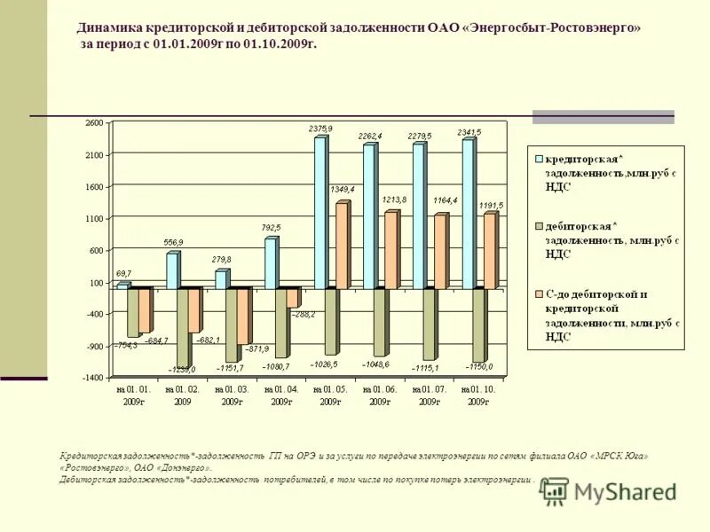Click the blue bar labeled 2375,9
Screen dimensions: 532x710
320,213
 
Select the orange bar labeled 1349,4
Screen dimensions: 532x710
342,245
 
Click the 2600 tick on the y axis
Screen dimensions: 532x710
95,123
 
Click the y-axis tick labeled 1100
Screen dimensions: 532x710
95,219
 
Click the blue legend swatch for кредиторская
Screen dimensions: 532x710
538,159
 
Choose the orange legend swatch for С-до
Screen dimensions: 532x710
538,293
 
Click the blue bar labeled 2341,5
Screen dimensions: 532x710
468,213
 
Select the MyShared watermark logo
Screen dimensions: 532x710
607,491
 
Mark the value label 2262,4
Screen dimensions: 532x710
371,136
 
